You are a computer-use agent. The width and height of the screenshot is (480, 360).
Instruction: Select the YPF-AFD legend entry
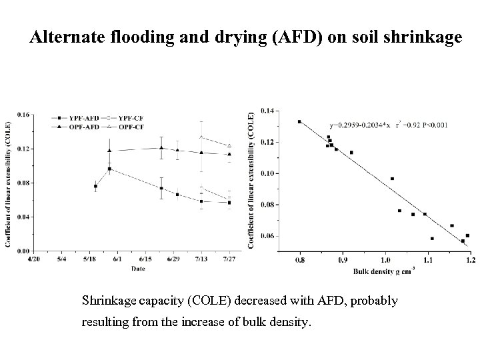tap(77, 119)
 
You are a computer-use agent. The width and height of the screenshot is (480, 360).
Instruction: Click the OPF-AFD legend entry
tap(77, 125)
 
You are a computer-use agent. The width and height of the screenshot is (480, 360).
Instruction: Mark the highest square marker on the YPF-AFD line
tap(109, 169)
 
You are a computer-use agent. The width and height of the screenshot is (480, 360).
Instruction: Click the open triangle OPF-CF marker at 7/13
tap(201, 137)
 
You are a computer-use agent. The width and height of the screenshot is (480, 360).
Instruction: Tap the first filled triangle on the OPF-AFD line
tap(109, 151)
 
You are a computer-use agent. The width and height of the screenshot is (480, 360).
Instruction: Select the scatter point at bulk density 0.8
tap(299, 122)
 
